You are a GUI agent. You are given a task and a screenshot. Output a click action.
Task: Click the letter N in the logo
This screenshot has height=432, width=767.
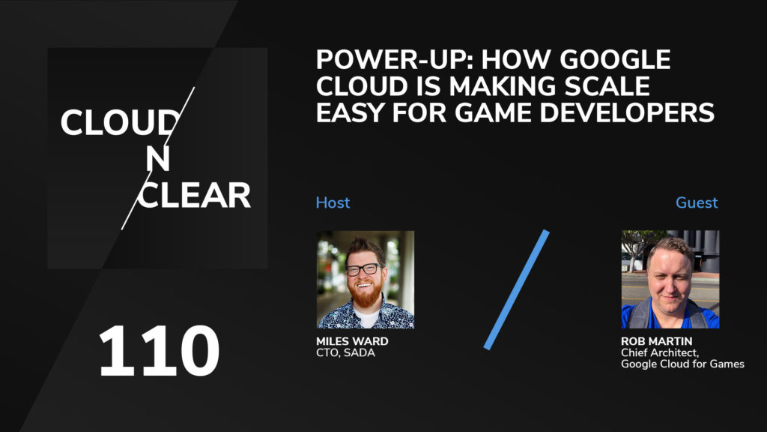(157, 159)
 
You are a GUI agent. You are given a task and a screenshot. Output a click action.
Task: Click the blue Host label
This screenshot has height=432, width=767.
(333, 202)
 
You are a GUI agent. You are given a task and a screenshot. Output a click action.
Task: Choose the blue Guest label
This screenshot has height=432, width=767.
(697, 202)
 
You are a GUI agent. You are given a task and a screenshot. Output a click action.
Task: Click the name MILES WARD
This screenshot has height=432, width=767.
(352, 342)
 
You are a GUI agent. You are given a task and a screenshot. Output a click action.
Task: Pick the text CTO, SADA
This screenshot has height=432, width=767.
(345, 353)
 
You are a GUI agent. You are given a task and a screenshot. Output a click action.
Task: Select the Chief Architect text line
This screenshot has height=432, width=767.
(655, 353)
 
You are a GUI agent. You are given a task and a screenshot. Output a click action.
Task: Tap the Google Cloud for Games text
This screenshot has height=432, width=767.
(682, 364)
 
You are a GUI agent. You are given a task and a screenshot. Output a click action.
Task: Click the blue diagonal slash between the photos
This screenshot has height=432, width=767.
(516, 289)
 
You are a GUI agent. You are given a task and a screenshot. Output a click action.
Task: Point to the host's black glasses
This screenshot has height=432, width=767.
(365, 269)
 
